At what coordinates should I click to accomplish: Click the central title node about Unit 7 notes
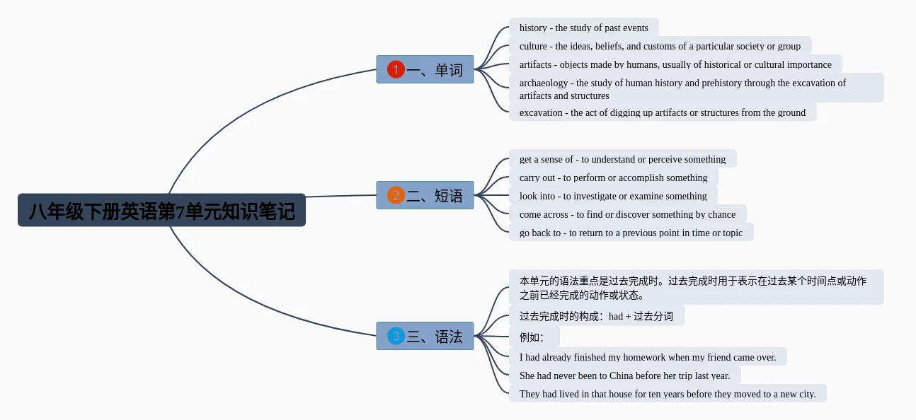161,210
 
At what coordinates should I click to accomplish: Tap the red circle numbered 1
396,69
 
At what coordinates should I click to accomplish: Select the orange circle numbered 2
396,195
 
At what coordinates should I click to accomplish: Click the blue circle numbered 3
396,337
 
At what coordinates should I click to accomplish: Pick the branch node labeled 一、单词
425,69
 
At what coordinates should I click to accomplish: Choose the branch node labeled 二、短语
425,195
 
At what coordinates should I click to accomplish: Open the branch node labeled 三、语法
425,336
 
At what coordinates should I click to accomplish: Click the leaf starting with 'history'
583,28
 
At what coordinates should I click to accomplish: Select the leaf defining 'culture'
660,46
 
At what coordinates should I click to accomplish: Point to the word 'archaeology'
544,83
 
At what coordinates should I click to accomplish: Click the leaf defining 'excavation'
663,112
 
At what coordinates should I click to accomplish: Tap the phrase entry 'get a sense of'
622,159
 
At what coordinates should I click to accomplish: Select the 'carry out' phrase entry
614,177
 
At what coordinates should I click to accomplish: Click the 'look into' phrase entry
613,196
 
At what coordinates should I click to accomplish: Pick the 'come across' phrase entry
627,214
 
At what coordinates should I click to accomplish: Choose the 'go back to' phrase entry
631,233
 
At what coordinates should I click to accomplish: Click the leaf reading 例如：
534,337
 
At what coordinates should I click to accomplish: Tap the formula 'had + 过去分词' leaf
596,316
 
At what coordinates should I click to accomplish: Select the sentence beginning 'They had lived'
668,394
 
